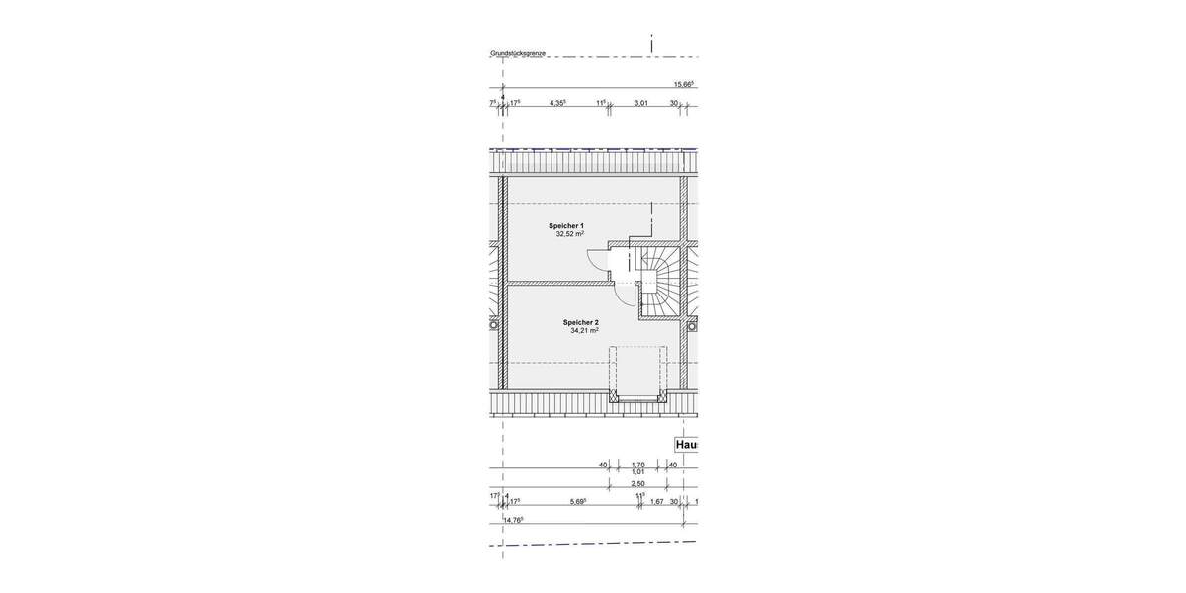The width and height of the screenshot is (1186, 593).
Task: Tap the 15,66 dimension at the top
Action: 683,85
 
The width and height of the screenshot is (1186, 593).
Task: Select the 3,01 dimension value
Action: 640,102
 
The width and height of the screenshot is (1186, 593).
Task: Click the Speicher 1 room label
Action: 566,226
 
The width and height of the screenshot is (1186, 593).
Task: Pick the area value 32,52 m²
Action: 568,235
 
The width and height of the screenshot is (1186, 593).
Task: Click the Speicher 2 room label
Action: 581,322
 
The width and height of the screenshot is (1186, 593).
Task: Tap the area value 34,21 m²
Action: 584,331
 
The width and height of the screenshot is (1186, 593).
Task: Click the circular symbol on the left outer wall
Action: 494,323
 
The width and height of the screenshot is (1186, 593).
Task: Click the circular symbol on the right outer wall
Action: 692,323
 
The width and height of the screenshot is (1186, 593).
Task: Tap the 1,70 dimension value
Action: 637,465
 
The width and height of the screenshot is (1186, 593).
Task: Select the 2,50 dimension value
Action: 637,484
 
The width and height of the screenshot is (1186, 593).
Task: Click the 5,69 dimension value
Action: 578,502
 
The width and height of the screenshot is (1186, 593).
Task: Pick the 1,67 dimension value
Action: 656,502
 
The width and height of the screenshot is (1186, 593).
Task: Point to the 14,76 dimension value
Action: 513,520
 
